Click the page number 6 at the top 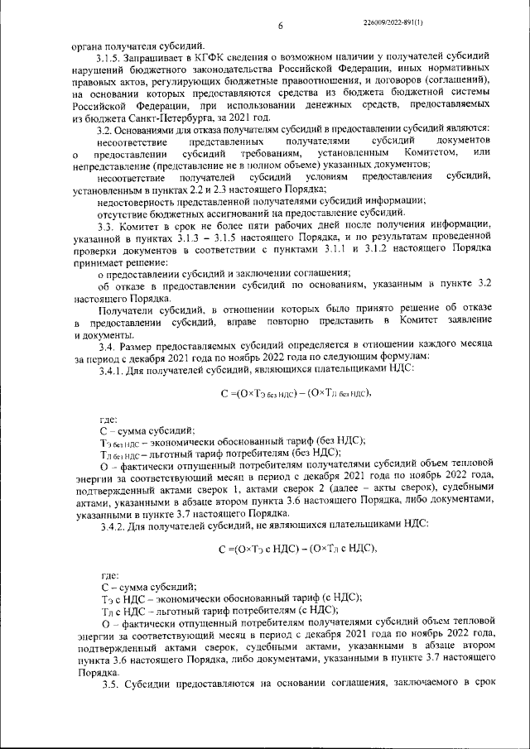[281, 26]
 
